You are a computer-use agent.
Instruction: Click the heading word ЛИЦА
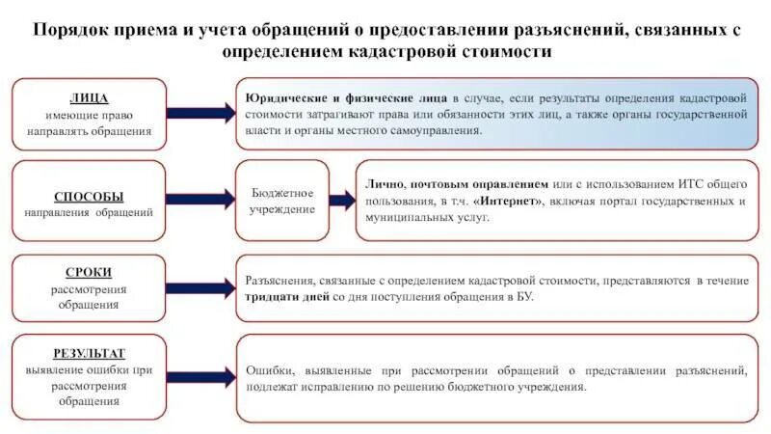(89, 97)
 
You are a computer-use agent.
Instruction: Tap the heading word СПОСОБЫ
(89, 196)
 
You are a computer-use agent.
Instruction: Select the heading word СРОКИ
(88, 273)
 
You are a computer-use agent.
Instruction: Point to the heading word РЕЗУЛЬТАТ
(89, 353)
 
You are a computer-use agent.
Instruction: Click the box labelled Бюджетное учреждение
(282, 201)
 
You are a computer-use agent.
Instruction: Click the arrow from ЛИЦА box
(198, 114)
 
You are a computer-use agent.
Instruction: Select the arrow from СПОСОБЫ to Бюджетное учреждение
(198, 200)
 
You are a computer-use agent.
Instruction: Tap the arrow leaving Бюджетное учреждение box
(344, 200)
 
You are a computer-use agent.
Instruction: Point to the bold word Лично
(385, 183)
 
